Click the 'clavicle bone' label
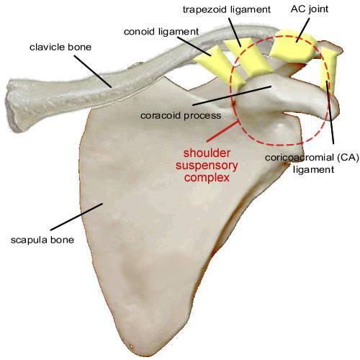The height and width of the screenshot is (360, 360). coord(60,47)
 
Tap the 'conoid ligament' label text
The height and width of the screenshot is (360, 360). coord(161,32)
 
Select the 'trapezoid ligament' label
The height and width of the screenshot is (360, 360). coord(227,9)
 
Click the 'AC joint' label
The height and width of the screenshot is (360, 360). coord(310,9)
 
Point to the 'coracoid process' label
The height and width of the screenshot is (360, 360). coord(181,115)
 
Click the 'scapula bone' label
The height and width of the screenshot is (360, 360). coord(42,240)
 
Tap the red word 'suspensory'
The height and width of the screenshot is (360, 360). coord(207,166)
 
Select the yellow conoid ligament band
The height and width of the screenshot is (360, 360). coord(220,66)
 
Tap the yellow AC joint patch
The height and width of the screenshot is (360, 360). coord(293,45)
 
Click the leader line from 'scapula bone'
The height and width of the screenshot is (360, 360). coord(76,217)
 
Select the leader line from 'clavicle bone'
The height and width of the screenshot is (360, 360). coord(93,71)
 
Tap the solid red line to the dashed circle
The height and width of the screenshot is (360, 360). coord(223,132)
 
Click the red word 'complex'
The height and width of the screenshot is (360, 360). coord(207,178)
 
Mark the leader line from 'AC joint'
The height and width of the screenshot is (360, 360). coord(303,30)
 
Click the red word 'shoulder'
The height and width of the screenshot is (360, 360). coord(207,153)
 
